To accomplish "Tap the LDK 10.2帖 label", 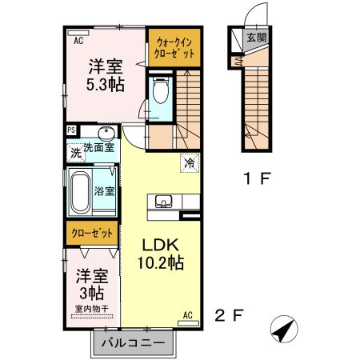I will pos(163,253).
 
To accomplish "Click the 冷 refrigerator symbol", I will pos(190,162).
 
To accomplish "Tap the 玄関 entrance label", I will pos(255,38).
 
